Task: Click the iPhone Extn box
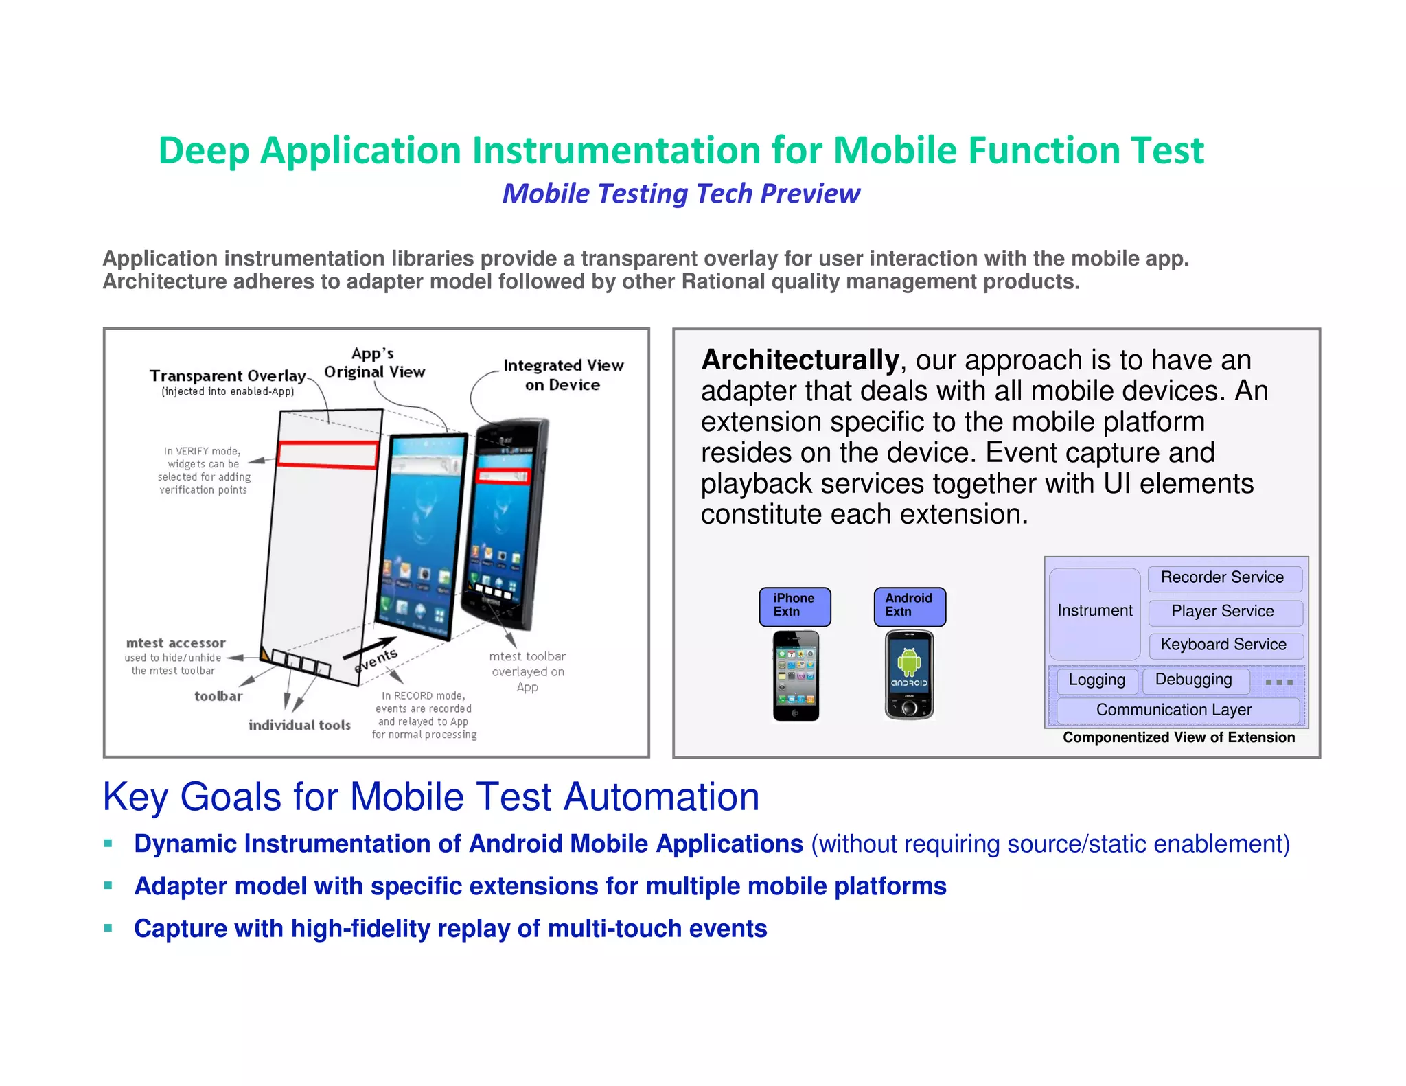click(x=794, y=606)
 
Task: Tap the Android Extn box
click(x=909, y=606)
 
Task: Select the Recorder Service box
click(x=1223, y=578)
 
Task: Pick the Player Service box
click(x=1223, y=612)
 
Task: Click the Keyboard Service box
click(x=1225, y=645)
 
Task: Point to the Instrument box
click(x=1094, y=611)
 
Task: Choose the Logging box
click(x=1096, y=680)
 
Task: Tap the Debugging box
click(x=1194, y=680)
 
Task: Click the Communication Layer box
click(x=1175, y=710)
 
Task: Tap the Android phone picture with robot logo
click(x=909, y=675)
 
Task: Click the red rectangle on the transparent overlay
click(x=327, y=454)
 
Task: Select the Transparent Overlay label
click(x=227, y=376)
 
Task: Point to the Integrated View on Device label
click(x=563, y=375)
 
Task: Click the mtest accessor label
click(x=176, y=643)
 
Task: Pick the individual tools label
click(x=299, y=725)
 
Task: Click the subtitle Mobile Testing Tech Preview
click(x=681, y=194)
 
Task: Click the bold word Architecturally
click(x=800, y=360)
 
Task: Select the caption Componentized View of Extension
click(x=1179, y=738)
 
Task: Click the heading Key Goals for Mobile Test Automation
click(x=431, y=797)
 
